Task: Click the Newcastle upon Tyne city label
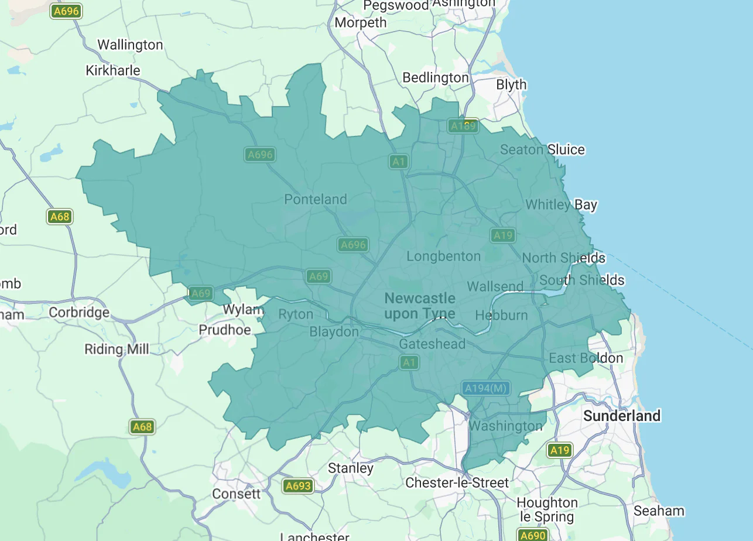click(419, 306)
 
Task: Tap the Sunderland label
click(622, 416)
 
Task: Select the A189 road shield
click(463, 126)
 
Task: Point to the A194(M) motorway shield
click(485, 388)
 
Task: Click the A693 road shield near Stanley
click(297, 486)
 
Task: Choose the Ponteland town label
click(316, 200)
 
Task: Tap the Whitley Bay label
click(561, 205)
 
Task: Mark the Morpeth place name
click(361, 23)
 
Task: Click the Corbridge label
click(79, 313)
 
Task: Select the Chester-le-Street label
click(457, 483)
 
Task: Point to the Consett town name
click(236, 494)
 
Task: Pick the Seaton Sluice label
click(542, 150)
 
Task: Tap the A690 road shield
click(533, 535)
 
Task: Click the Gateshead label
click(432, 344)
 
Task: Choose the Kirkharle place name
click(113, 71)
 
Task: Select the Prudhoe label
click(225, 330)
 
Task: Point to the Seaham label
click(659, 511)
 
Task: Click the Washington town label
click(505, 426)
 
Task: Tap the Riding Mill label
click(117, 350)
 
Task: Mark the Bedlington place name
click(436, 78)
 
